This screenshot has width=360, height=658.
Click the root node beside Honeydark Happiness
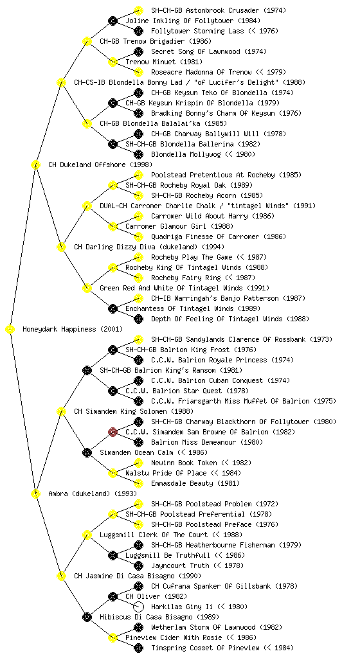click(x=10, y=330)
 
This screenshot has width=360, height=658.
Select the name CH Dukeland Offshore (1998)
click(x=100, y=164)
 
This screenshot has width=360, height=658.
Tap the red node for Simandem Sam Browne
click(x=113, y=432)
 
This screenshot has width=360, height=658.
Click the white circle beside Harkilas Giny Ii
click(x=138, y=607)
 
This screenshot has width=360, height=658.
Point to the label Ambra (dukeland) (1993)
click(x=93, y=493)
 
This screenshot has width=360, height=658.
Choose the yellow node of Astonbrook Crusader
click(x=138, y=10)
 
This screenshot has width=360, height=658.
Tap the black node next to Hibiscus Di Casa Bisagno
click(x=87, y=617)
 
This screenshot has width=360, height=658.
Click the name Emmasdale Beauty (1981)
click(x=195, y=483)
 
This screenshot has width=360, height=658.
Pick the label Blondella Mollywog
click(x=186, y=154)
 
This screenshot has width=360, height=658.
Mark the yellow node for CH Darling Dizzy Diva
click(x=61, y=247)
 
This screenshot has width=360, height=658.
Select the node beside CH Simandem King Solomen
click(x=61, y=411)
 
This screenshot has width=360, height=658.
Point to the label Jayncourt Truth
click(x=179, y=565)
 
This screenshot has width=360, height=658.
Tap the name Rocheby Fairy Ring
click(x=186, y=278)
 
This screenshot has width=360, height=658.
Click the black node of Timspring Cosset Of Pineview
click(x=138, y=648)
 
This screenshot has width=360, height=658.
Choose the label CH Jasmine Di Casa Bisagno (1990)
click(x=138, y=576)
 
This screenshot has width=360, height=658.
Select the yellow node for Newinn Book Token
click(x=138, y=463)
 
